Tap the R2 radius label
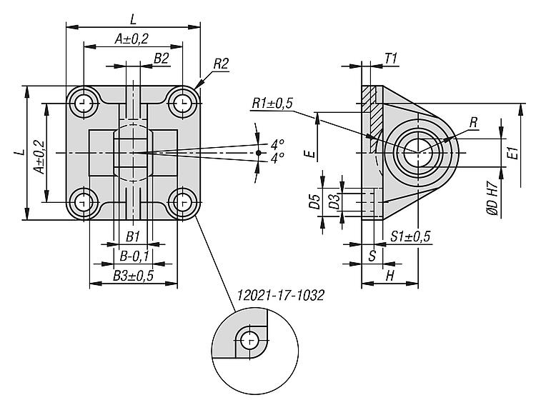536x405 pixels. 220,64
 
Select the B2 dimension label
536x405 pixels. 161,59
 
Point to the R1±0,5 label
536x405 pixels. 272,104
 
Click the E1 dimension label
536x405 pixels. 512,151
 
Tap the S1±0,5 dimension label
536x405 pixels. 410,237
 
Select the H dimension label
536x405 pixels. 389,275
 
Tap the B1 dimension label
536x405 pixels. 133,236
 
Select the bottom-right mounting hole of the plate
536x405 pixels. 184,201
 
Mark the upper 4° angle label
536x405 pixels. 277,144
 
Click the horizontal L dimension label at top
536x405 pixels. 133,16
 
